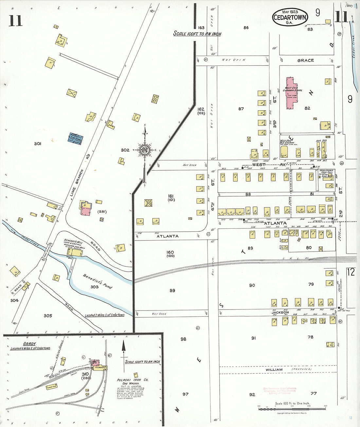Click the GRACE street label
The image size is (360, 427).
click(305, 61)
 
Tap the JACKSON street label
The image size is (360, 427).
click(280, 312)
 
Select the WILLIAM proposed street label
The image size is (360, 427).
click(274, 369)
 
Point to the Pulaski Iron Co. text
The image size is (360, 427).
click(133, 380)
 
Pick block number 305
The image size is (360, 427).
click(48, 316)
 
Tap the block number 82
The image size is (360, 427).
click(307, 108)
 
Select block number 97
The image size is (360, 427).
click(186, 394)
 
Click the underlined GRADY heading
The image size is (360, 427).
click(29, 344)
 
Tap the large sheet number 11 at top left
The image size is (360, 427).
click(15, 21)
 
